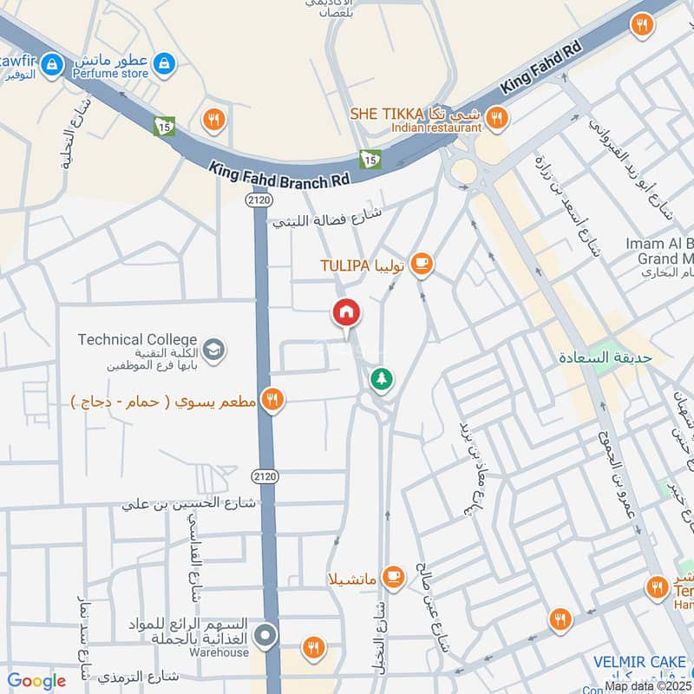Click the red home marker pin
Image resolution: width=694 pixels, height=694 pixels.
tap(346, 312)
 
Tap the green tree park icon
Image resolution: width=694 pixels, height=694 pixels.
tap(380, 379)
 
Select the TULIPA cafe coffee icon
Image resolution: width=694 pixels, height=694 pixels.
tap(421, 263)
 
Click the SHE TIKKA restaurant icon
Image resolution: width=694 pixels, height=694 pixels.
tap(496, 116)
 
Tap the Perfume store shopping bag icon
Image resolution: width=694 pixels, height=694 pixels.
tap(163, 63)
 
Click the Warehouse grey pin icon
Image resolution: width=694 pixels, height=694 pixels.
tap(266, 636)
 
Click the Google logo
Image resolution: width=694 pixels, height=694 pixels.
tap(36, 681)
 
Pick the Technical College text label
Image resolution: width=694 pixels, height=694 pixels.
tap(137, 339)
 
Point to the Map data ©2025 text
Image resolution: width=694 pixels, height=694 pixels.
tap(647, 685)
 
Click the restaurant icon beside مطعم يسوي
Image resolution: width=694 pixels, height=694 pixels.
tap(272, 399)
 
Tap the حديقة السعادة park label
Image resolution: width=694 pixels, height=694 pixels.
tap(605, 357)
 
